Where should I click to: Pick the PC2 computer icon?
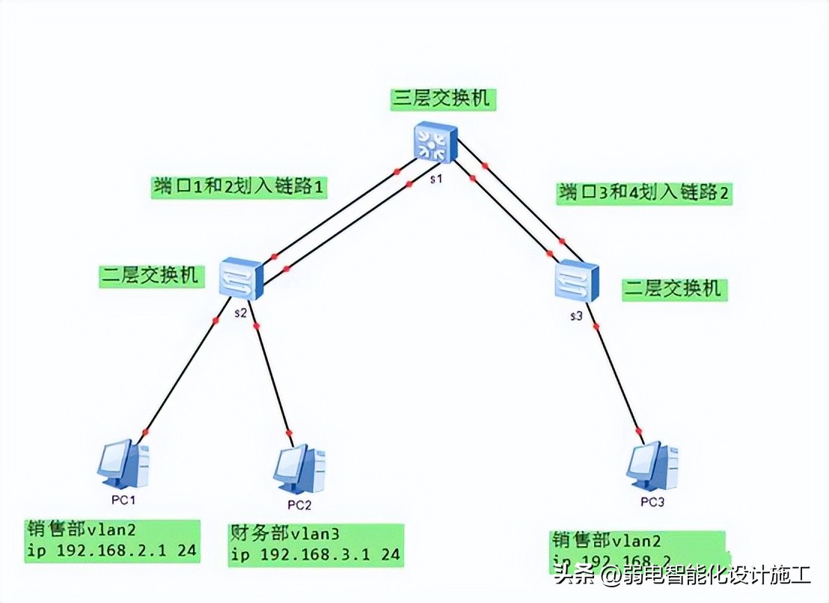[299, 468]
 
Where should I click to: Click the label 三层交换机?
[444, 99]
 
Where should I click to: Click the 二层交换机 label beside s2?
[150, 275]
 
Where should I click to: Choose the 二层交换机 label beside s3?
[674, 288]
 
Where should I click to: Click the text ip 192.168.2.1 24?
[111, 551]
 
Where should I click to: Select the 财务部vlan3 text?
[284, 534]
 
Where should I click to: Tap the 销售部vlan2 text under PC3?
[607, 541]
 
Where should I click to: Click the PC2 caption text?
[299, 504]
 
